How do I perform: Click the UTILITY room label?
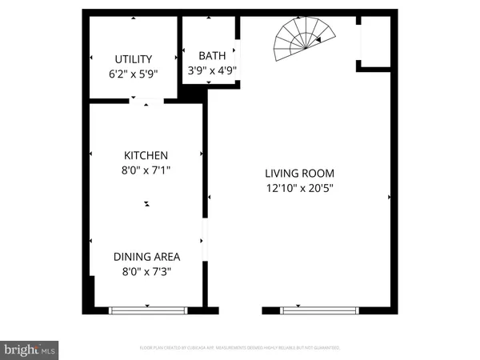pos(133,59)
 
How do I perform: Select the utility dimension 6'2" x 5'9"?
pos(133,73)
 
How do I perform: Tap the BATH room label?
pos(212,55)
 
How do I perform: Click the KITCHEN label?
pos(145,155)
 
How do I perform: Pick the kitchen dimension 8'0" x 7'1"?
pos(145,170)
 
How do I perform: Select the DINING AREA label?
pos(146,257)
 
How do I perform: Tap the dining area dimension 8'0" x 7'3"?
pos(146,271)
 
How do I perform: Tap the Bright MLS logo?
pos(30,349)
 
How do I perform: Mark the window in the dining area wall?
pos(148,308)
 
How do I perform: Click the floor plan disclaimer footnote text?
pos(240,348)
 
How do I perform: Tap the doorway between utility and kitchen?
pos(146,101)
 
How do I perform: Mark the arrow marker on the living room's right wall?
pos(389,196)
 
